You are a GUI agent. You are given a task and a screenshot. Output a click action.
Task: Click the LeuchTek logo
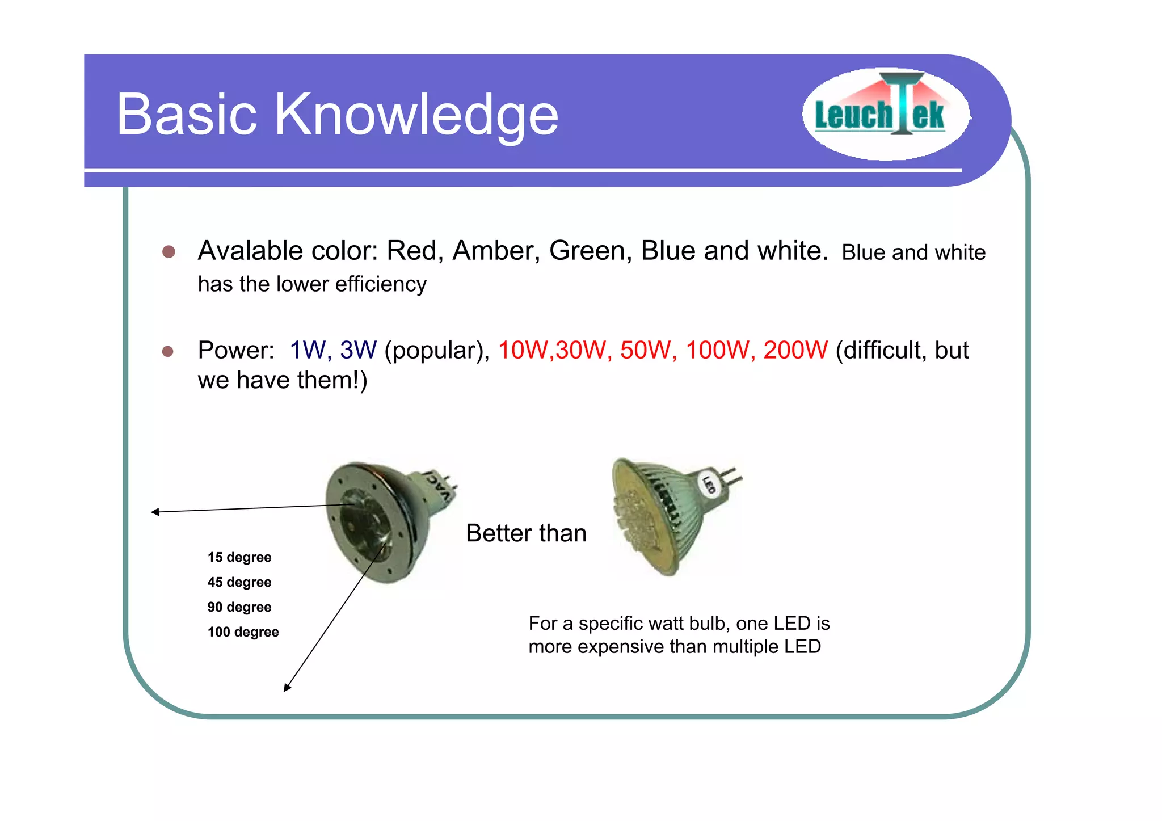885,114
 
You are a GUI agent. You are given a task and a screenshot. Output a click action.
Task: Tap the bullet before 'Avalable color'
169,251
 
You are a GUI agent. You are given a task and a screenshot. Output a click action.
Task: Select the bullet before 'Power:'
167,351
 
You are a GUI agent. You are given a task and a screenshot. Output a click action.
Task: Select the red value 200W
795,350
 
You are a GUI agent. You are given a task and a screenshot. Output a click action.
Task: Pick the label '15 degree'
239,557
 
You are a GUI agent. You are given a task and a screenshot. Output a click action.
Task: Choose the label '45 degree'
239,582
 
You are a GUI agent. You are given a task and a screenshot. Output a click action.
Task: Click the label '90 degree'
239,607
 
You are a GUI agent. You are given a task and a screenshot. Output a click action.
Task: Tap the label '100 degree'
243,632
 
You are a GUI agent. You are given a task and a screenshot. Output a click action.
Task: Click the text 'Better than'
526,533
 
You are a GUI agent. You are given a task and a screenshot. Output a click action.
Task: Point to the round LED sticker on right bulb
709,485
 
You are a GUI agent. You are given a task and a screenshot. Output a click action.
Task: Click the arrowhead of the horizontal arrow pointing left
154,512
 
